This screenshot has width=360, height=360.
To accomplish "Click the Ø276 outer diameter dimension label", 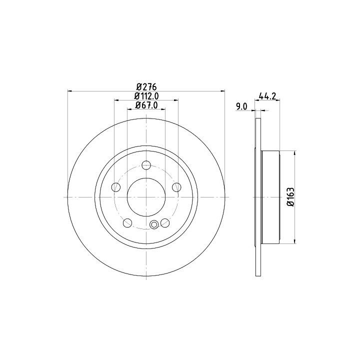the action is [146, 87].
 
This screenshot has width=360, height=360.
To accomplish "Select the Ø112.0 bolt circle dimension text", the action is [146, 95].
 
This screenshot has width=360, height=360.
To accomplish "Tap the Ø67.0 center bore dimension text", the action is [146, 105].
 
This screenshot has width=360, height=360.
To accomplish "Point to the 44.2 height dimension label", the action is [267, 95].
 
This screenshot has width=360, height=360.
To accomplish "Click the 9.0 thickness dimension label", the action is [241, 106].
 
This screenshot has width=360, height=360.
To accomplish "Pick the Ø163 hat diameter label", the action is [290, 197].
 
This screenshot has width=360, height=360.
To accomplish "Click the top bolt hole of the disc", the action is [146, 165].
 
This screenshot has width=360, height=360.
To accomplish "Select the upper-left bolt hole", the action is [115, 187].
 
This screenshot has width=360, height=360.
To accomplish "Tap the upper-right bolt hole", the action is [176, 187].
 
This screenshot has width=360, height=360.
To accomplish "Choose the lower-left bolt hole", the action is [127, 222].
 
